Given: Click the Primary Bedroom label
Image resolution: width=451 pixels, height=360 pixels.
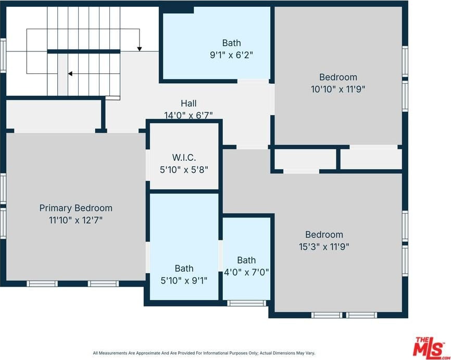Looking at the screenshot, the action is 76,208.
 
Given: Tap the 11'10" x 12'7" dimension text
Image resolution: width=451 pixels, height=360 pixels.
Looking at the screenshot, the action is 76,221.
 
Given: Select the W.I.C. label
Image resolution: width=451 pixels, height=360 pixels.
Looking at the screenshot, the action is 184,158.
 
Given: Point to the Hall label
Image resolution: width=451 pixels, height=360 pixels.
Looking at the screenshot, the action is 189,103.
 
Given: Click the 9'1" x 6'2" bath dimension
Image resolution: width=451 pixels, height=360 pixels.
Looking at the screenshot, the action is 232,55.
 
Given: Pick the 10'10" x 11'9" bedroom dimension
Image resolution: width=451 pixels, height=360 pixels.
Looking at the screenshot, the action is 338,89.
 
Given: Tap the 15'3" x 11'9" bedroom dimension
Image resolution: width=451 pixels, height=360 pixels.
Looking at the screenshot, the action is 324,247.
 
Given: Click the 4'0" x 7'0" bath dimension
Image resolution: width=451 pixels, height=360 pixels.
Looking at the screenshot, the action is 246,272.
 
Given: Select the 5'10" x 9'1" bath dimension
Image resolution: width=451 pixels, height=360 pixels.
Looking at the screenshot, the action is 184,280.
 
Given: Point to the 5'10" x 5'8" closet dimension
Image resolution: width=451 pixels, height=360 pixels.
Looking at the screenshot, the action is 184,170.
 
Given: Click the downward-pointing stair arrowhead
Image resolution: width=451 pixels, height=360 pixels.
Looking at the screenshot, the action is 140,49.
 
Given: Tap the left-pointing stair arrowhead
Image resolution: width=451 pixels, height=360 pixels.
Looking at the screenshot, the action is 70,74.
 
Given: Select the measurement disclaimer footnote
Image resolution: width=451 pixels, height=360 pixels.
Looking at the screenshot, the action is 204,353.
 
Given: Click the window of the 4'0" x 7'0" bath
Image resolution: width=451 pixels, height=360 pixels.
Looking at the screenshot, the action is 246,303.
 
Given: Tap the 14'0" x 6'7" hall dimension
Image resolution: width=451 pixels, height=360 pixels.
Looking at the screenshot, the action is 189,115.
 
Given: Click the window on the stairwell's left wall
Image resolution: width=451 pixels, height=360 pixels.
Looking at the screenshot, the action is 3,56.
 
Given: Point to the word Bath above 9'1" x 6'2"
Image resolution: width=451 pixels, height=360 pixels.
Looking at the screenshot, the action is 232,43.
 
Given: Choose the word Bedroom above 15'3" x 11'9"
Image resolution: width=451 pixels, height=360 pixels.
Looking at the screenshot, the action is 324,235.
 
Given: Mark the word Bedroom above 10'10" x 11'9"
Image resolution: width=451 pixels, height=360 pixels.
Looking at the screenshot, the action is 339,77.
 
